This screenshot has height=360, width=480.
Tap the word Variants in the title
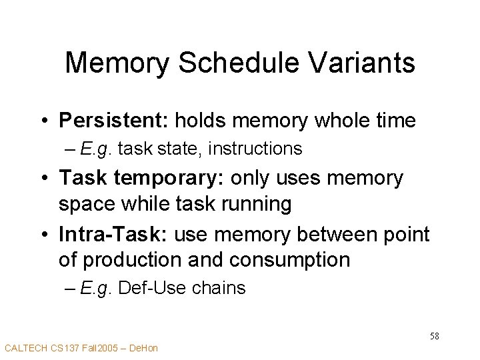(x=365, y=63)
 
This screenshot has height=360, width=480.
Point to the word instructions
(x=255, y=149)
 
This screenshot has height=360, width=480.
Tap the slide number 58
(x=434, y=336)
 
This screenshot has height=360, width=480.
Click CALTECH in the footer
(x=24, y=348)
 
